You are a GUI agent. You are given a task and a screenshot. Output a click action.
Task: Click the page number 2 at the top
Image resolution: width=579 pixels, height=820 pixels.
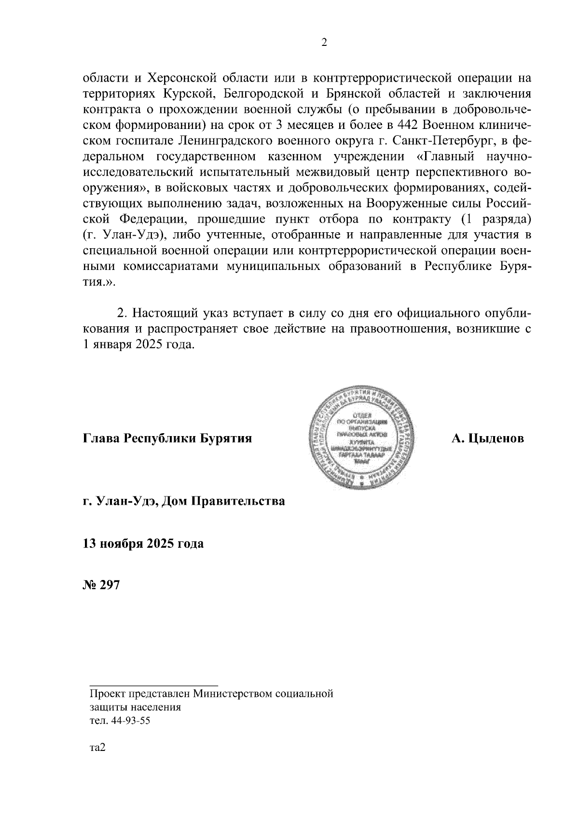324,43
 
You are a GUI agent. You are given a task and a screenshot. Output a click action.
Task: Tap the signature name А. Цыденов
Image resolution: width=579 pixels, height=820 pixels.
488,439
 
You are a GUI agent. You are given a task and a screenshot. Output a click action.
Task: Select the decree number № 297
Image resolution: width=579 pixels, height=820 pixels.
101,585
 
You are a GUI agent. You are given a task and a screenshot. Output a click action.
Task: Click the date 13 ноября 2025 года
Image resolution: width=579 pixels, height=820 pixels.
143,543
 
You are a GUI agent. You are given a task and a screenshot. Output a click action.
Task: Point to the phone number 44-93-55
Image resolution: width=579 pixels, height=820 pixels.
130,721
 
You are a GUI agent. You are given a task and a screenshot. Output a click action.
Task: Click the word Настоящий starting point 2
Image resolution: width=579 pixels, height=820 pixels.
162,313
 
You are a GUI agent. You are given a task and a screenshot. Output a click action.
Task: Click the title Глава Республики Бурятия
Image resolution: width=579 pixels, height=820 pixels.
168,439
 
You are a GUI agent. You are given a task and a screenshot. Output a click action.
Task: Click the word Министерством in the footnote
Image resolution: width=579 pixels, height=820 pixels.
233,694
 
